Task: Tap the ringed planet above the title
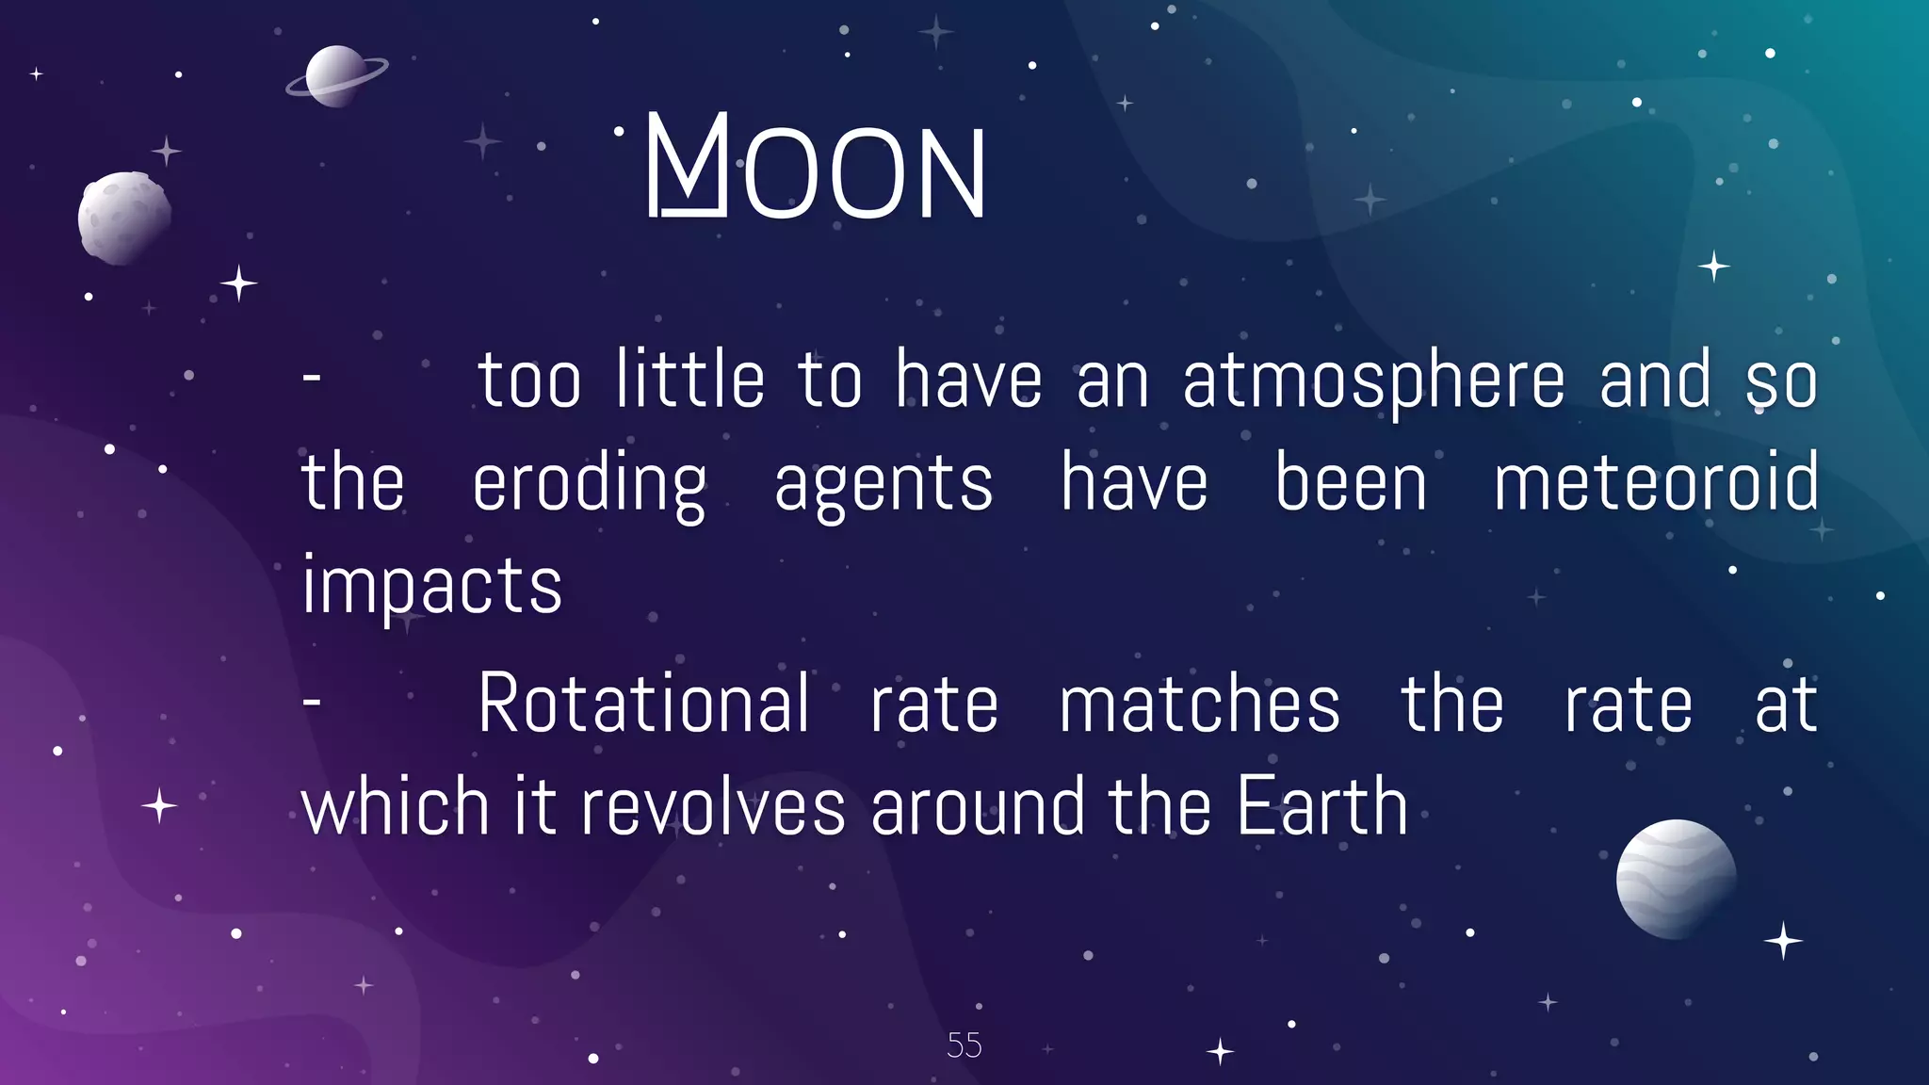[336, 75]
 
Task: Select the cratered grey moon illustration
[124, 218]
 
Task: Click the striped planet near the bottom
[1676, 879]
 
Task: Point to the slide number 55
[964, 1045]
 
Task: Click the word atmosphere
[1373, 381]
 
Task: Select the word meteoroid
[1657, 482]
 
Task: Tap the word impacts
[432, 586]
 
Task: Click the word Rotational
[643, 704]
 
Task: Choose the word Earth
[1321, 807]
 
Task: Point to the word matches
[1199, 704]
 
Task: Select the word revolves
[713, 807]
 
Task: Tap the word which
[396, 807]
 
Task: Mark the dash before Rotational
[312, 702]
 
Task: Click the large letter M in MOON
[688, 165]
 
